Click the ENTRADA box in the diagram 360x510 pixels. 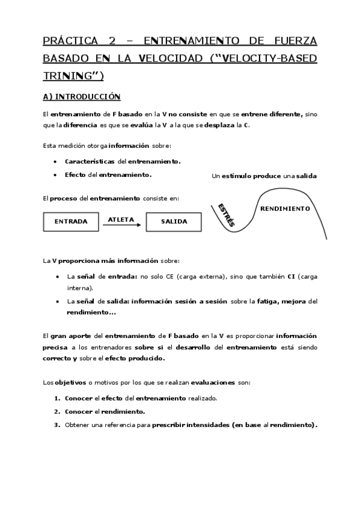pyautogui.click(x=71, y=221)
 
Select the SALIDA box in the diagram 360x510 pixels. pyautogui.click(x=173, y=221)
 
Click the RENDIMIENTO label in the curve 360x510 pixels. pyautogui.click(x=285, y=209)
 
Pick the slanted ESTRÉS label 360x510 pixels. pyautogui.click(x=226, y=214)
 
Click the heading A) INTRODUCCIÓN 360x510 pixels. pyautogui.click(x=82, y=96)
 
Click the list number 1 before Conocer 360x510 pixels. pyautogui.click(x=56, y=398)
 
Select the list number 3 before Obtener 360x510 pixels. pyautogui.click(x=56, y=425)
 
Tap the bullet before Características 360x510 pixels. pyautogui.click(x=55, y=162)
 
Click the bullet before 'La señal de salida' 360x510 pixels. pyautogui.click(x=56, y=301)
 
